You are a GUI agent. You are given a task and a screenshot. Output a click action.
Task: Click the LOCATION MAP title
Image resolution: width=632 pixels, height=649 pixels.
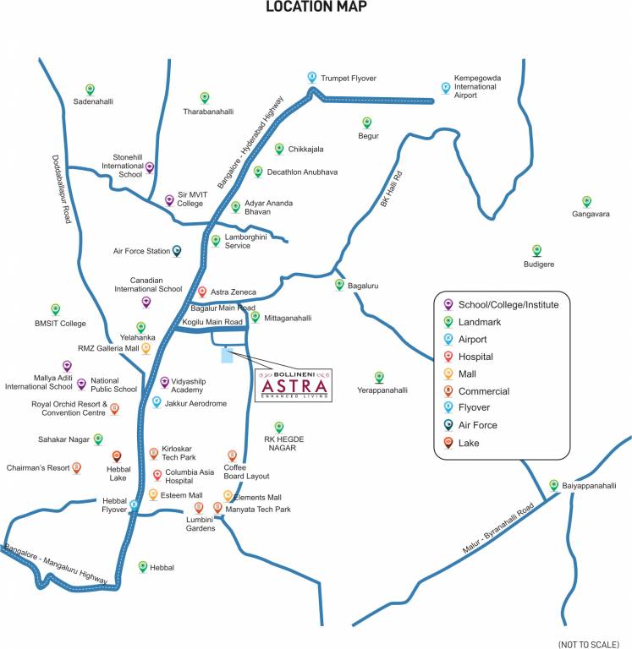click(316, 8)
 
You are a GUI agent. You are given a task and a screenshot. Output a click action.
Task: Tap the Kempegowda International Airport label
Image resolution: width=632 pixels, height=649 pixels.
click(477, 86)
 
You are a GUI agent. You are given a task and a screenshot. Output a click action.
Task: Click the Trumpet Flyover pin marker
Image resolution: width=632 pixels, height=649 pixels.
click(312, 77)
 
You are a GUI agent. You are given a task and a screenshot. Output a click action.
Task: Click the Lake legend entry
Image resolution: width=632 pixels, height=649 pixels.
click(470, 443)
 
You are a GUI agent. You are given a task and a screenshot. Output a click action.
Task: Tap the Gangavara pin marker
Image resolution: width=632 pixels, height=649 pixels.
click(586, 201)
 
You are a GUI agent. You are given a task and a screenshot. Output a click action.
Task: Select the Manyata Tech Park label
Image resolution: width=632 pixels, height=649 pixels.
click(258, 510)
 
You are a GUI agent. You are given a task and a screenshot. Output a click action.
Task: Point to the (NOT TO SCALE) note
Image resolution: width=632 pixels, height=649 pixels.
click(589, 644)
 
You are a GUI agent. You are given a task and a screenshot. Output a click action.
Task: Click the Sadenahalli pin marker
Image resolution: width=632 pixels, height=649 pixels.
click(90, 89)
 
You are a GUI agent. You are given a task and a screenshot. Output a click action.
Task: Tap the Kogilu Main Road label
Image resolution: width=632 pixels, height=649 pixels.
click(212, 322)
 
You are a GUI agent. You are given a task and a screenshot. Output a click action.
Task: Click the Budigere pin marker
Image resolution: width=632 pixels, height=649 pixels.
click(536, 250)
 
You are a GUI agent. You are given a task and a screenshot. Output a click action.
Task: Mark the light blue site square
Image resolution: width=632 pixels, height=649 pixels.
click(226, 355)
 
